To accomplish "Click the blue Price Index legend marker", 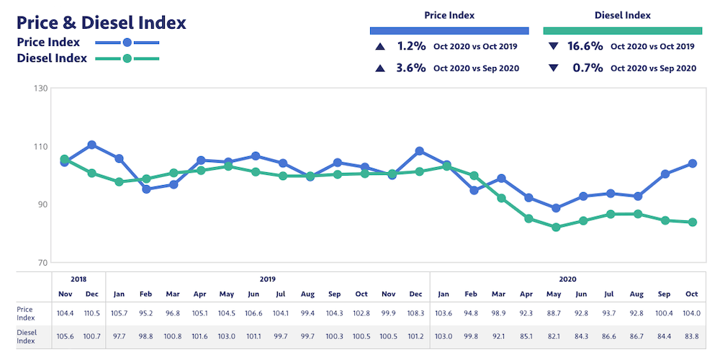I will (127, 42).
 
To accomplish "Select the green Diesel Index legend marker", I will (127, 58).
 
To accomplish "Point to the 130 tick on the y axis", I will (40, 89).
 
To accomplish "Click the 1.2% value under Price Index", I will (412, 46).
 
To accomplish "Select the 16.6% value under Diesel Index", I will (585, 46).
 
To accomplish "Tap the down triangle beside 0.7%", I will (553, 68).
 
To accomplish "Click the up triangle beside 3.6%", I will (379, 68).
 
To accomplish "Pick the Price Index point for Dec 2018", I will (92, 145).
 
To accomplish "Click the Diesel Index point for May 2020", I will (556, 228).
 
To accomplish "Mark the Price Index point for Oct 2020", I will (692, 163).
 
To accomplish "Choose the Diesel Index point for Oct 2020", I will (692, 222).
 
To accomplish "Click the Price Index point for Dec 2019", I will (420, 151).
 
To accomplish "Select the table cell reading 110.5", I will (92, 313).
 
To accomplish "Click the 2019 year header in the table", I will (267, 279).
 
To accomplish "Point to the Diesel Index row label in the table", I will (27, 335).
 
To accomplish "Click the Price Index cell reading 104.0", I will (692, 313).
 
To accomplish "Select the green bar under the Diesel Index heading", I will (622, 31).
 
